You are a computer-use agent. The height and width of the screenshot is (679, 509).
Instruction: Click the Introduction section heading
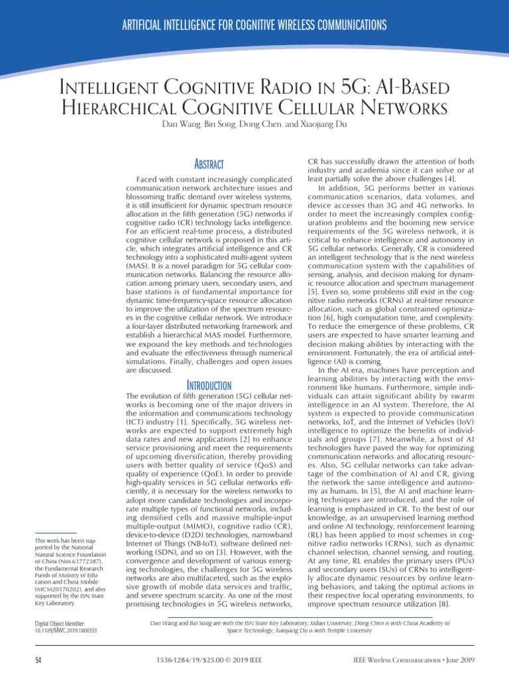tap(209, 385)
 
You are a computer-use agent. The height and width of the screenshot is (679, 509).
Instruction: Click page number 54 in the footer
tap(39, 660)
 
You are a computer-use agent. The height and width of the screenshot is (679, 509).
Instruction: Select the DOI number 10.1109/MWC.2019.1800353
tap(66, 631)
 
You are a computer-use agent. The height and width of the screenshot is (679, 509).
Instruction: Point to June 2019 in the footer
tap(455, 660)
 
